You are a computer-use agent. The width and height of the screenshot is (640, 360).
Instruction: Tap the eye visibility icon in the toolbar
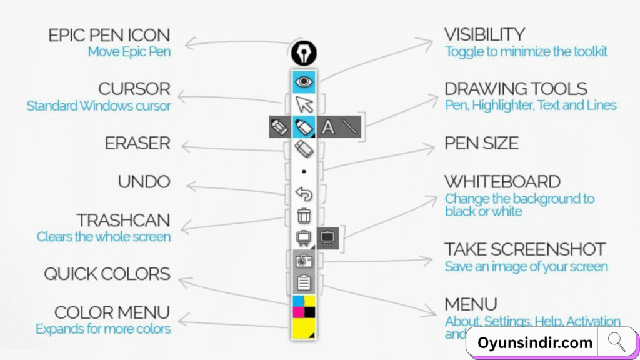(x=304, y=81)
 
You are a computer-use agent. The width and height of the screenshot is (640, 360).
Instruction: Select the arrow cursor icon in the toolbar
(x=304, y=104)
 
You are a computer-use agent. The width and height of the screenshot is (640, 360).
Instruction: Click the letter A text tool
(x=328, y=127)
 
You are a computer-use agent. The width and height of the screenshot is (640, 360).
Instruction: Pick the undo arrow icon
(x=304, y=194)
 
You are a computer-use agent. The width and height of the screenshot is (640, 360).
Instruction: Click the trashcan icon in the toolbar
(x=304, y=216)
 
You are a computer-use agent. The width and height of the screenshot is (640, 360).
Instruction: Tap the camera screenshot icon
(x=304, y=261)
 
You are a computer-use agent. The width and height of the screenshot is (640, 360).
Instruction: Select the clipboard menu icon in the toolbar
(x=304, y=283)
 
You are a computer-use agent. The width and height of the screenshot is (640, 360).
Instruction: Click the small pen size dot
(x=304, y=171)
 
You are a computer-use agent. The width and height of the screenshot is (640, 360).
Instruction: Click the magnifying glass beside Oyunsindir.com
(x=616, y=342)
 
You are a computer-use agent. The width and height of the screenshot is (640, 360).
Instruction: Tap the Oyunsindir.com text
(x=535, y=343)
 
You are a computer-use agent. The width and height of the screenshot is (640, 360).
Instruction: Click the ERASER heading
(x=137, y=144)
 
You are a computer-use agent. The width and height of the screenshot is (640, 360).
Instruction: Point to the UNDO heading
(x=144, y=182)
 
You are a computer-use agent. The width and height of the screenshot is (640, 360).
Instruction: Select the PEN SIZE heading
(x=481, y=144)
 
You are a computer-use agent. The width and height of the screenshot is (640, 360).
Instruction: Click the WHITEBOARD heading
(x=502, y=182)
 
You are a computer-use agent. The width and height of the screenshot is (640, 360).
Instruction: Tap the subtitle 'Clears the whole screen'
(x=103, y=237)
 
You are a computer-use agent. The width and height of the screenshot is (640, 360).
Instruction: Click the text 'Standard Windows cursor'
(x=99, y=106)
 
